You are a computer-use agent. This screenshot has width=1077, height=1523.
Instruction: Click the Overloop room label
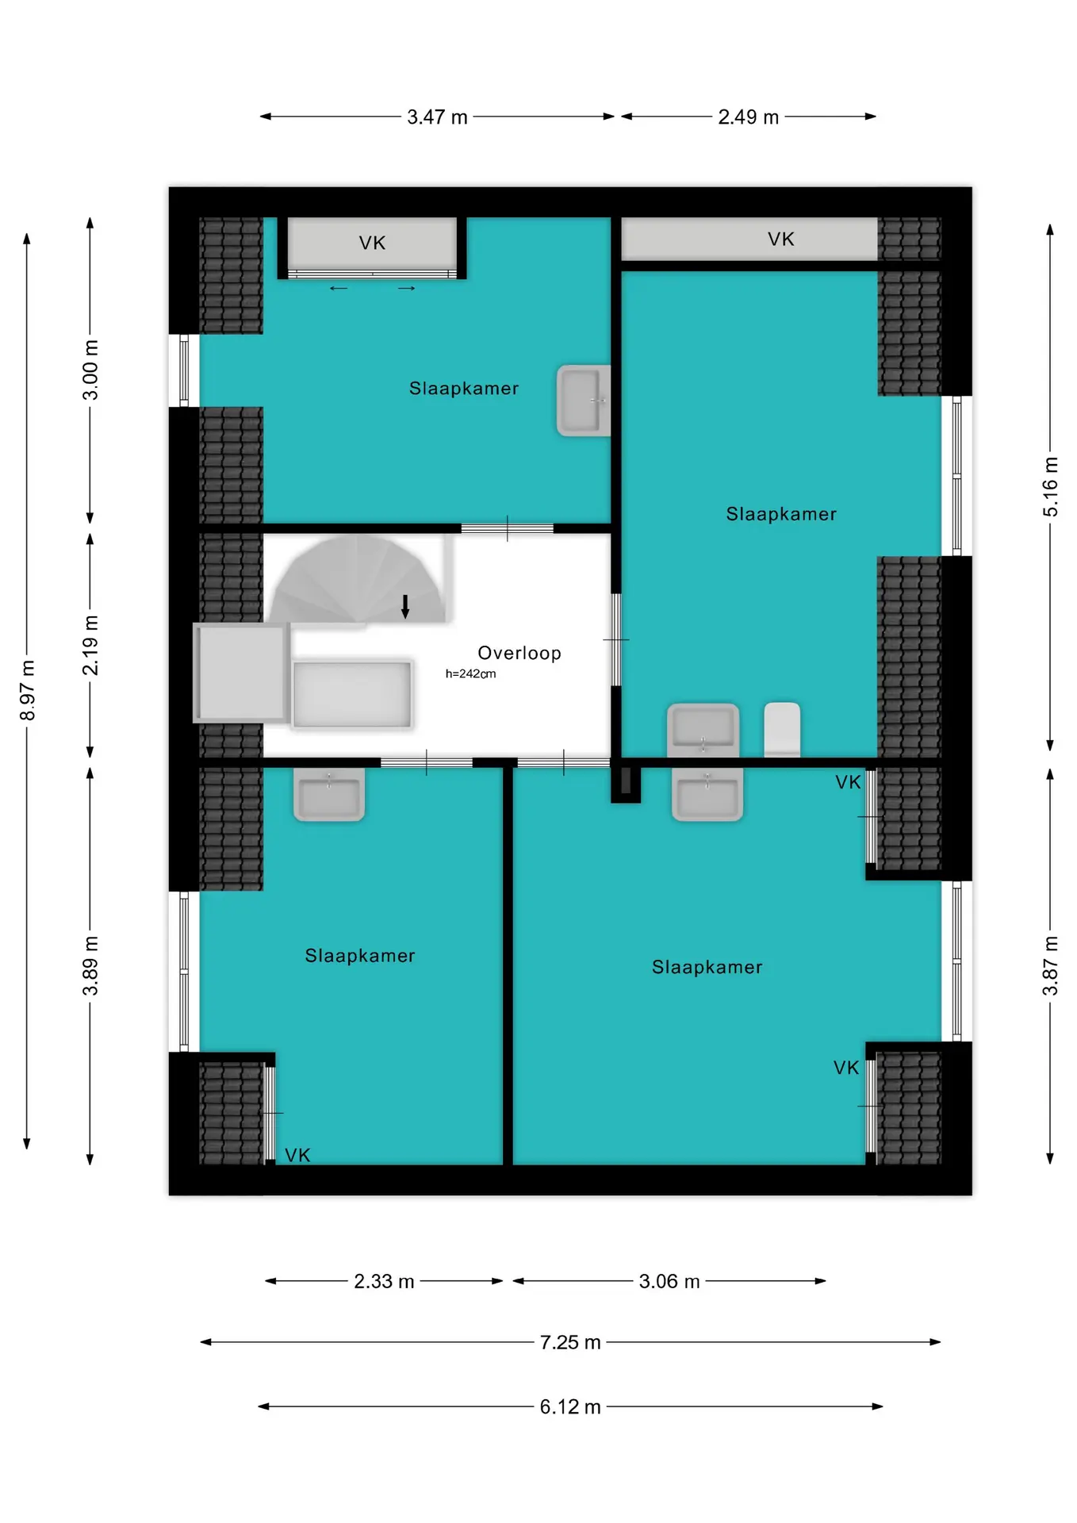coord(519,653)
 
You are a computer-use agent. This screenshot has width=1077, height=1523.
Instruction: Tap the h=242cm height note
coord(470,673)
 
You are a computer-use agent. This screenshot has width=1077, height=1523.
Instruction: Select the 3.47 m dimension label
coord(437,117)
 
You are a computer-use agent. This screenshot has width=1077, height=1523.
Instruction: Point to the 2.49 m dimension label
coord(748,117)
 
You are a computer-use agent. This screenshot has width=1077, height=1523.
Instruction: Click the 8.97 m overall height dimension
coord(27,690)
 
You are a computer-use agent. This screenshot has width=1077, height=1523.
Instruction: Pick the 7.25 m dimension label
coord(570,1342)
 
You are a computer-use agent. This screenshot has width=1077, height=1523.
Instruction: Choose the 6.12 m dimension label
coord(570,1406)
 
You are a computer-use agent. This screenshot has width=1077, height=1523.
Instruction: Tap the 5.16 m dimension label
coord(1050,487)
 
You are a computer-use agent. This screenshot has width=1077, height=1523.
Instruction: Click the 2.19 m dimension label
coord(90,645)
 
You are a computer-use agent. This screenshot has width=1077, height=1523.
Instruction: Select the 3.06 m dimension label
coord(669,1281)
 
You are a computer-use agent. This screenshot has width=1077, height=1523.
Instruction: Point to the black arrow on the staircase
coord(405,606)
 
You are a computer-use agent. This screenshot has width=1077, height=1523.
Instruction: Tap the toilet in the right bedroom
coord(782,729)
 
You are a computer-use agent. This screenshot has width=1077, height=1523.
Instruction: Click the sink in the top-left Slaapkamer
coord(584,401)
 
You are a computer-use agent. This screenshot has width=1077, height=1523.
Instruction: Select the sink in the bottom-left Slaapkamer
coord(329,793)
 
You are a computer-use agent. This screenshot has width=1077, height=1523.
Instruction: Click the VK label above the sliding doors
coord(372,243)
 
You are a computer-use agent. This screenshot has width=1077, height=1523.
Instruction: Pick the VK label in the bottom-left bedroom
coord(297,1155)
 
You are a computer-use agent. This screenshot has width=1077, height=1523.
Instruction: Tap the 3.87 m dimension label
coord(1050,965)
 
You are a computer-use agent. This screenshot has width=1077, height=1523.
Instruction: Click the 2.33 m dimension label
coord(384,1281)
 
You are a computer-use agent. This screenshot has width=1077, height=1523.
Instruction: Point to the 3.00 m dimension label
coord(90,370)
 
